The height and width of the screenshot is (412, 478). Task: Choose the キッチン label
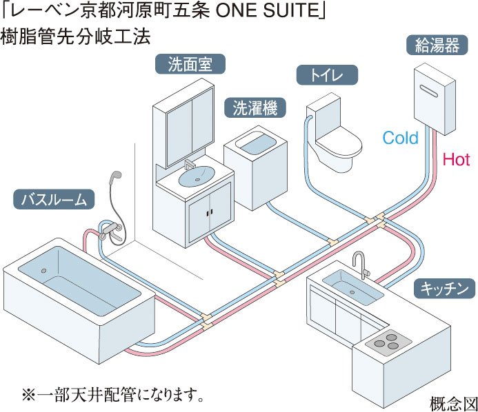pos(444,287)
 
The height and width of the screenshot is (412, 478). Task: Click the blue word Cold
pos(401,138)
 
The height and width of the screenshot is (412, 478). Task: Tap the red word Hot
pos(456,161)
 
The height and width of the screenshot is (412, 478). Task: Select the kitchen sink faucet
pos(359,264)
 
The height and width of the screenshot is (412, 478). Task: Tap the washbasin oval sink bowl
pos(197,176)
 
